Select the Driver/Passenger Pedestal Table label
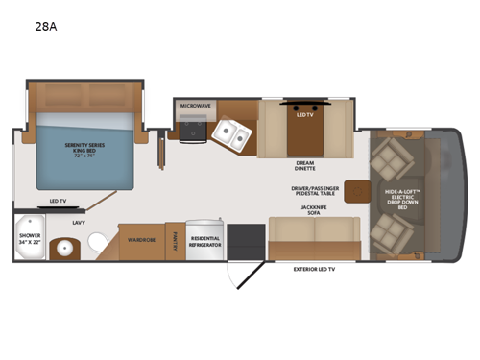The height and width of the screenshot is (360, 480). point(316,192)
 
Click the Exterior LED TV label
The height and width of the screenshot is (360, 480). point(318,270)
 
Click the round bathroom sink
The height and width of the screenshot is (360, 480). point(64,247)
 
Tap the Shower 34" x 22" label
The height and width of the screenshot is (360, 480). point(32,241)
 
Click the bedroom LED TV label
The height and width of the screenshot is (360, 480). point(57,201)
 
